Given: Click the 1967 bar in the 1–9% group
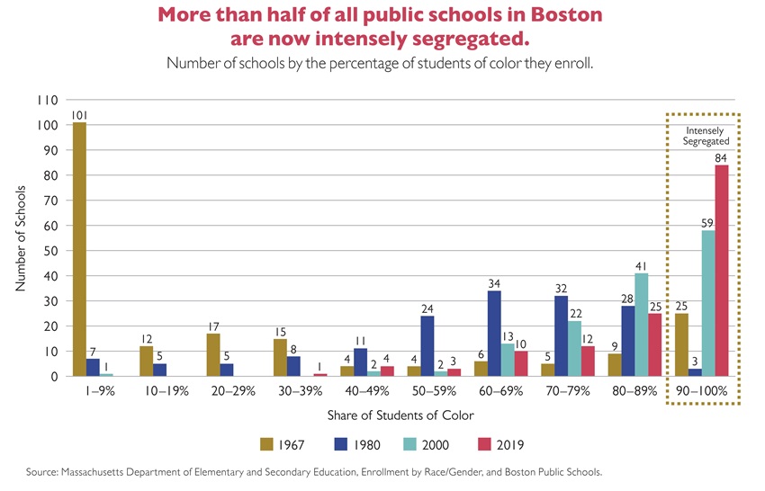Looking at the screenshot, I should pyautogui.click(x=80, y=249).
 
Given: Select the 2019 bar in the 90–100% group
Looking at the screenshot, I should pyautogui.click(x=722, y=271).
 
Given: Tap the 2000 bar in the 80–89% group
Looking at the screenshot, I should pyautogui.click(x=642, y=325).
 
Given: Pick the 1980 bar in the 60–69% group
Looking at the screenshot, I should pyautogui.click(x=495, y=334).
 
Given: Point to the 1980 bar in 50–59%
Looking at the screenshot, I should pyautogui.click(x=428, y=346).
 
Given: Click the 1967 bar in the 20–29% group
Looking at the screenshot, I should pyautogui.click(x=213, y=355).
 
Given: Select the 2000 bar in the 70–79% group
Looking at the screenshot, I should pyautogui.click(x=575, y=349).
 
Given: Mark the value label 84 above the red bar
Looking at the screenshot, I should pyautogui.click(x=722, y=158).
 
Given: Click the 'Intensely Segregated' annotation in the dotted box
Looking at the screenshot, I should pyautogui.click(x=702, y=136).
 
